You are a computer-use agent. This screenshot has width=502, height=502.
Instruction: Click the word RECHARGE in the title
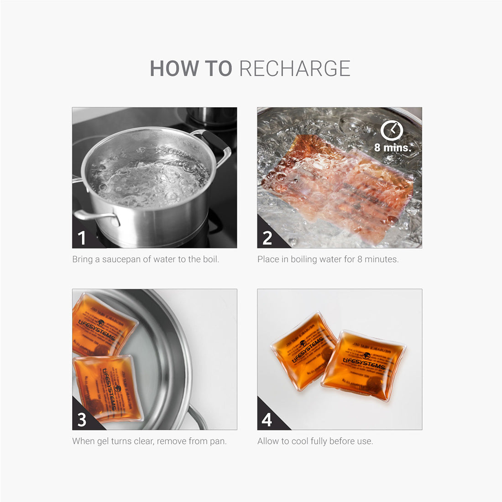pyautogui.click(x=295, y=68)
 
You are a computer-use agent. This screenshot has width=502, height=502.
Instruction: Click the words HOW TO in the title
pyautogui.click(x=191, y=68)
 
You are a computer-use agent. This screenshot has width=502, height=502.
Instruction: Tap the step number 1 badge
pyautogui.click(x=82, y=238)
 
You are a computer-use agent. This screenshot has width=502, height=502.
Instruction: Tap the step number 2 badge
pyautogui.click(x=267, y=238)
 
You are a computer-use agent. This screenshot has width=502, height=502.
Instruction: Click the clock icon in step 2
pyautogui.click(x=392, y=131)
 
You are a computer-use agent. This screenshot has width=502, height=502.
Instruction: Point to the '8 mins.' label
pyautogui.click(x=392, y=147)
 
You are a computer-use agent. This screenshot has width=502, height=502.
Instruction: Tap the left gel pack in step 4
pyautogui.click(x=303, y=349)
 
